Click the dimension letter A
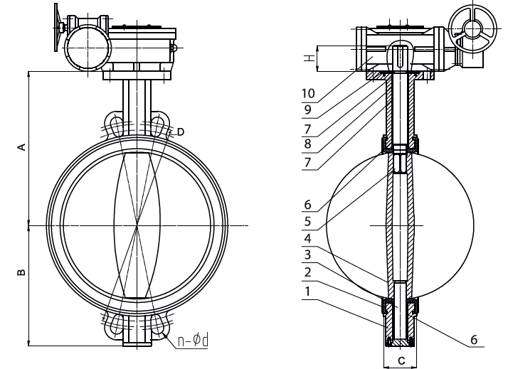(x=21, y=146)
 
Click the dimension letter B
(x=21, y=272)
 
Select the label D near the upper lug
(x=181, y=132)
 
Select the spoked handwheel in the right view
(x=470, y=28)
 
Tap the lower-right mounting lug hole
(x=158, y=326)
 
